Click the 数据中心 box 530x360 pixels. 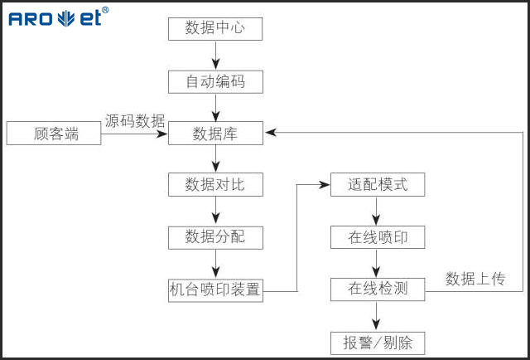tap(215, 28)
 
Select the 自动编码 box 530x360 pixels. tap(215, 81)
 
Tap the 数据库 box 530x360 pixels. tap(215, 133)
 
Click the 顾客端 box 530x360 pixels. tap(54, 133)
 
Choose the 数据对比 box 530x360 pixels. tap(215, 184)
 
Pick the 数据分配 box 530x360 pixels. tap(215, 237)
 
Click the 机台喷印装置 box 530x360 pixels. tap(215, 289)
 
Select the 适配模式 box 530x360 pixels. tap(378, 184)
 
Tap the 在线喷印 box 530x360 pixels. tap(378, 237)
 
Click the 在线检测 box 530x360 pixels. tap(378, 289)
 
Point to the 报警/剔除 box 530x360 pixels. tap(378, 342)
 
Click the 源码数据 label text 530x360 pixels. tap(135, 120)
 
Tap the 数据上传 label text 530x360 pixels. tap(475, 278)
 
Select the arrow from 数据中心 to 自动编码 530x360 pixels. tap(215, 55)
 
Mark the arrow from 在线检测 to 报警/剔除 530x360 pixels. tap(378, 315)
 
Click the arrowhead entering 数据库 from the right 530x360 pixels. tap(270, 132)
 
